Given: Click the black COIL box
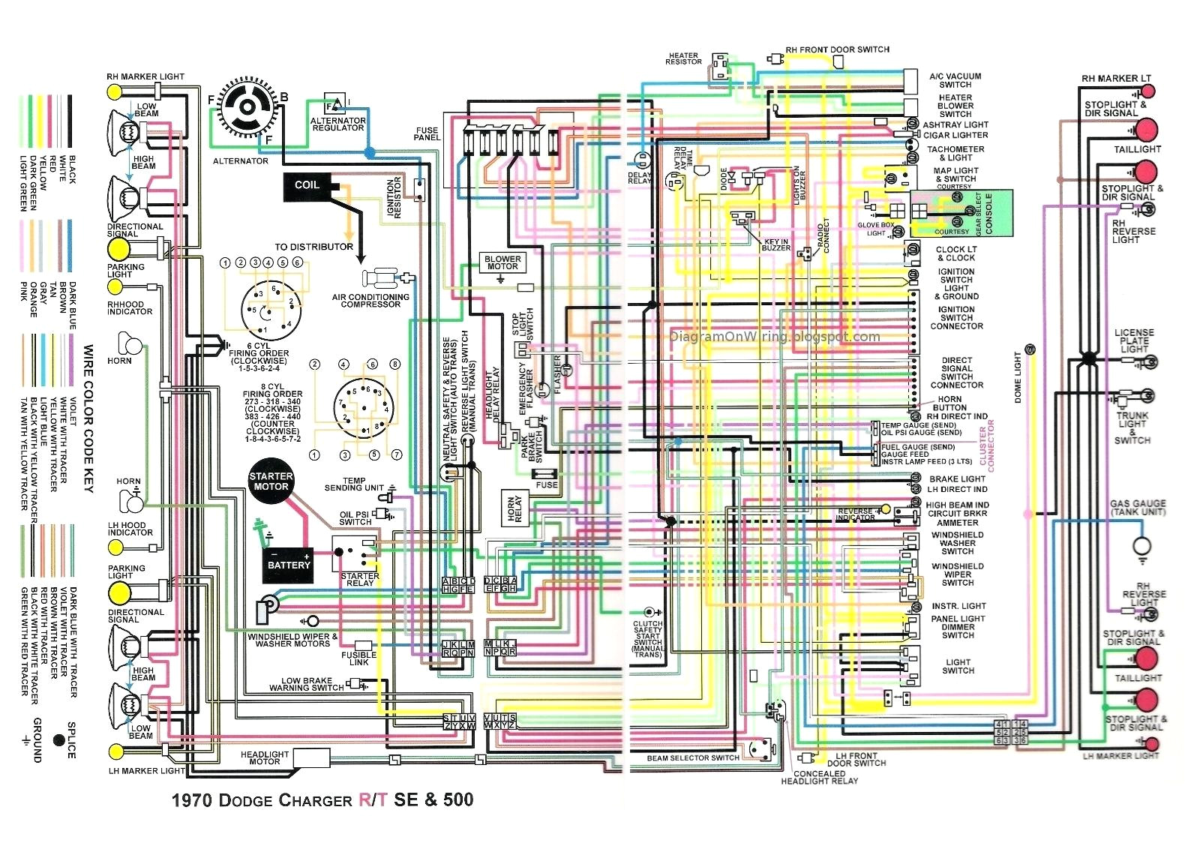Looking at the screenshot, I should point(307,186).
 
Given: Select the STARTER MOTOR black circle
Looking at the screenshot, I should point(271,481).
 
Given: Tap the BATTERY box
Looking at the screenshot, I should point(289,565).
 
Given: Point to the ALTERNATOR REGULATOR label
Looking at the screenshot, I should point(337,124).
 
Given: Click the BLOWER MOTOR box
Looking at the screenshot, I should point(502,262).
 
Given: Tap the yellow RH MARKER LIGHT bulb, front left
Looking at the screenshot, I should point(115,91).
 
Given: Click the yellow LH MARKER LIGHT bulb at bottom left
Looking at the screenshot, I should point(115,752).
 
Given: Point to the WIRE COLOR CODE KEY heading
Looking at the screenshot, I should point(88,418).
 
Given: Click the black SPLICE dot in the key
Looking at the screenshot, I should point(59,740).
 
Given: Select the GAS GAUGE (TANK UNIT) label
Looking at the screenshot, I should point(1138,508).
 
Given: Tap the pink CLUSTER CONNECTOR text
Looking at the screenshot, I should point(986,449).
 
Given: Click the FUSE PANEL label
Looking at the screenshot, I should point(427,133).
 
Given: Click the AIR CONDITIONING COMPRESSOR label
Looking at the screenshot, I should point(370,300).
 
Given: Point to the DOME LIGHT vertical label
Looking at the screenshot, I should point(1018,377).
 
